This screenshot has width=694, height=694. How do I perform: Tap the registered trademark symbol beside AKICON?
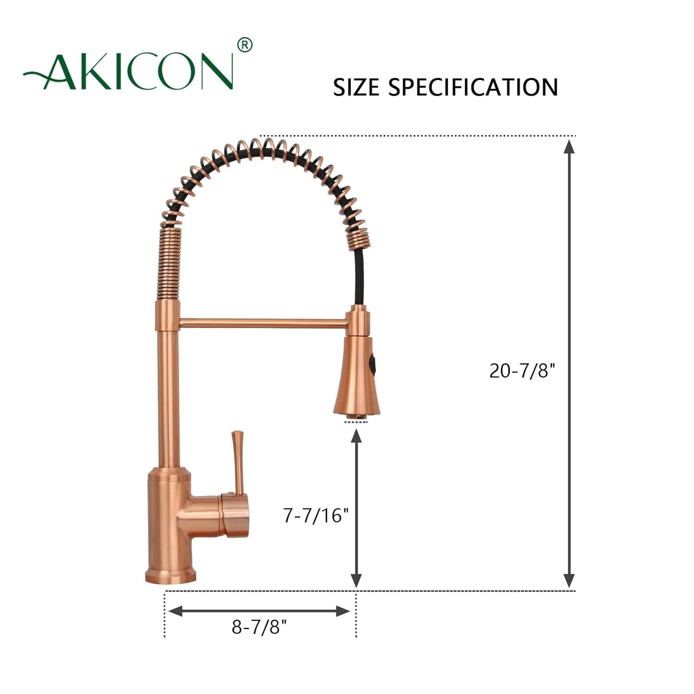click(245, 45)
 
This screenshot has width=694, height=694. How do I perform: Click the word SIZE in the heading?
click(356, 87)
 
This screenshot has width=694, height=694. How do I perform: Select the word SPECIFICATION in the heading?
click(473, 87)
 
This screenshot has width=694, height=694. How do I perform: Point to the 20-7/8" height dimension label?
click(522, 371)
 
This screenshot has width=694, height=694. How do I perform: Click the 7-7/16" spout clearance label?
click(316, 515)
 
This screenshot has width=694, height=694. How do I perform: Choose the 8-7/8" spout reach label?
click(259, 627)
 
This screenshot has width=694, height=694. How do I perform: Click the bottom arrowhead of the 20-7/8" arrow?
click(569, 580)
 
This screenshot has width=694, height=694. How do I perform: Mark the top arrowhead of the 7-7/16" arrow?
click(356, 436)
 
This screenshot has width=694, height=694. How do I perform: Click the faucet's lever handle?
click(238, 463)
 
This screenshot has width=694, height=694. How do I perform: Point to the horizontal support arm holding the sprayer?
click(262, 323)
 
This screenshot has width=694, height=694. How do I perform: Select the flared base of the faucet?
click(167, 576)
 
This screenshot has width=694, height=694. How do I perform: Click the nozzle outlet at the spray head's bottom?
click(356, 418)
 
